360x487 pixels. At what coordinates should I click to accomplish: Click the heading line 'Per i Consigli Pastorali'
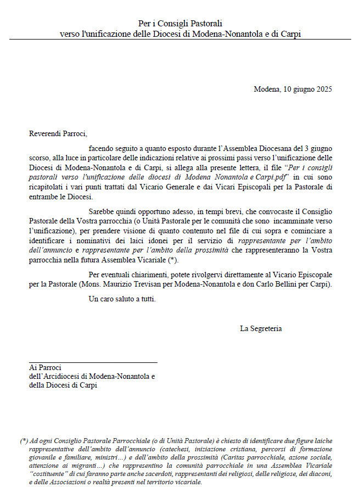(180, 24)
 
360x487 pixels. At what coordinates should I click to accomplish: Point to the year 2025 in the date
(323, 89)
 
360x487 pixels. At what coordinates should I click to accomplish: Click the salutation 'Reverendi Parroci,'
(58, 133)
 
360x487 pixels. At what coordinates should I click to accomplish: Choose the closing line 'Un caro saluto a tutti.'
(122, 299)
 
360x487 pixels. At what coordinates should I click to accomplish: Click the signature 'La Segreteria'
(261, 328)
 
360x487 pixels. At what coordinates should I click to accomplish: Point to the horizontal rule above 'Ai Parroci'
(93, 362)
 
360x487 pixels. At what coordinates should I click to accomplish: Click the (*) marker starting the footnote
(24, 441)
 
